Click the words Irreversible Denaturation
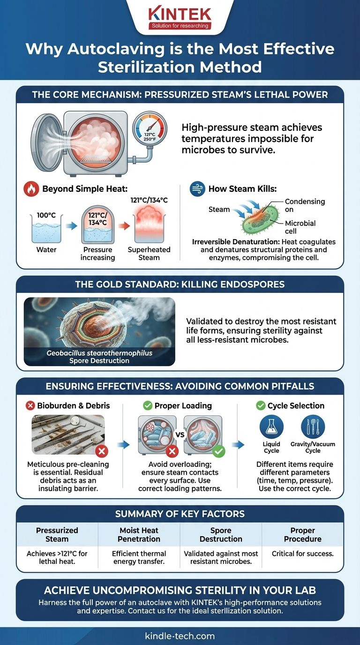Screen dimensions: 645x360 pyautogui.click(x=222, y=241)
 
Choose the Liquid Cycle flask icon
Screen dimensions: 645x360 pyautogui.click(x=272, y=427)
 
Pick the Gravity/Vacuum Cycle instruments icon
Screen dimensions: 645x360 pyautogui.click(x=313, y=427)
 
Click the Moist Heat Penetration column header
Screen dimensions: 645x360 pyautogui.click(x=139, y=535)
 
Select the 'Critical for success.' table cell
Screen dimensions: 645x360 pyautogui.click(x=302, y=554)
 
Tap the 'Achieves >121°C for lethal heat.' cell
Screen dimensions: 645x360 pyautogui.click(x=57, y=557)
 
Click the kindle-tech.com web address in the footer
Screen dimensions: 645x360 pyautogui.click(x=180, y=636)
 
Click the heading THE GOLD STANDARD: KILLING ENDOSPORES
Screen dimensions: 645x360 pyautogui.click(x=180, y=285)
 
